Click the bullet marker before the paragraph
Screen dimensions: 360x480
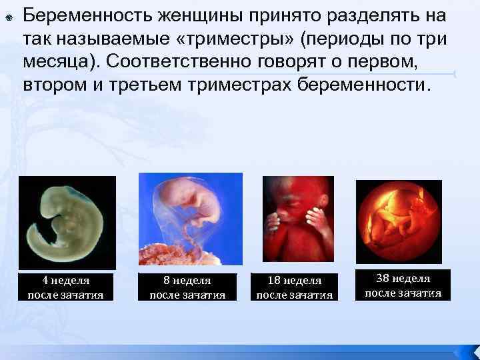7,15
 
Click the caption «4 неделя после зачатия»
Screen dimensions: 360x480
65,287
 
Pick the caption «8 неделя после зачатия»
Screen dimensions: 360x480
187,287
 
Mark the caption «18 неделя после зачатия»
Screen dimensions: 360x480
295,287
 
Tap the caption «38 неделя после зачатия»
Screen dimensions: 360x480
403,285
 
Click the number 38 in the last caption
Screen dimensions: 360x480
384,279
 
